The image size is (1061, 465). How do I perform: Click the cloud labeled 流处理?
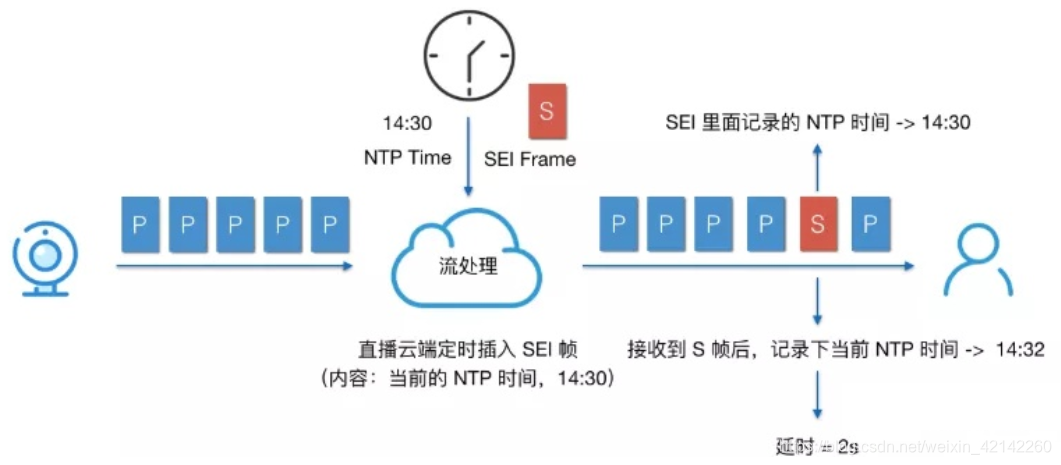point(468,264)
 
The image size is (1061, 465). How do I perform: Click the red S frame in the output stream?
point(818,223)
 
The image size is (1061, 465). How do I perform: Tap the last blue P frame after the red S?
point(869,223)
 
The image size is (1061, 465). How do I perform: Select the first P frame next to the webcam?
point(140,223)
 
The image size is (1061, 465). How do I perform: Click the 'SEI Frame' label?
point(530,158)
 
